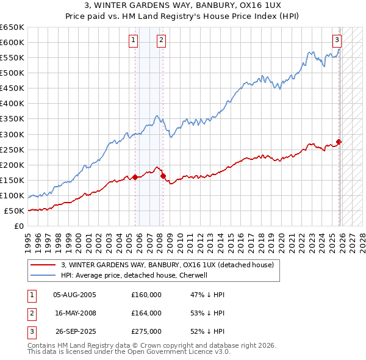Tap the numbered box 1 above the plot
[134, 41]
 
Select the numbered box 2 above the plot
[161, 41]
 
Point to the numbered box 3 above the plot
[337, 41]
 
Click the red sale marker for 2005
[135, 177]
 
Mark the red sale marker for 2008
[163, 176]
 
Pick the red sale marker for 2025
[339, 142]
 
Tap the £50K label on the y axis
[14, 211]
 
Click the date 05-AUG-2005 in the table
[74, 295]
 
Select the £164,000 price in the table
[146, 313]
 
